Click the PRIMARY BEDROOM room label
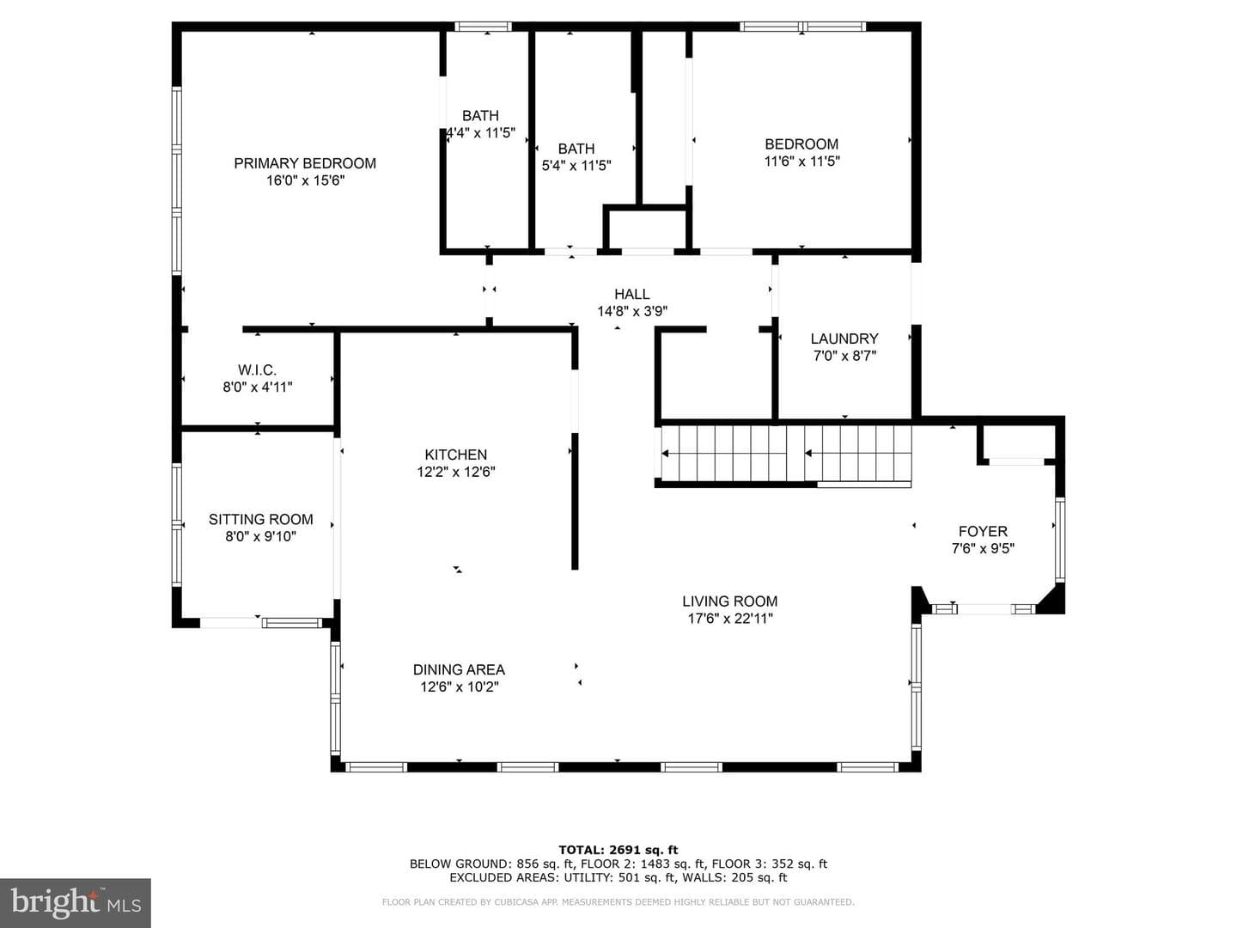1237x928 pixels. (305, 163)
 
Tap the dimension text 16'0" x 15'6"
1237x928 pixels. (305, 180)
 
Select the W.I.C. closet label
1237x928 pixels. (257, 370)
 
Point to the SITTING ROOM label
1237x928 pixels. (260, 520)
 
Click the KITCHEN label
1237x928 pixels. (456, 455)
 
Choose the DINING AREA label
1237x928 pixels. (459, 670)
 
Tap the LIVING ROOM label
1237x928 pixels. (730, 601)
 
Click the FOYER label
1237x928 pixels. (983, 531)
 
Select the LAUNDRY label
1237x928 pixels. (844, 339)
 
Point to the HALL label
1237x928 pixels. (631, 294)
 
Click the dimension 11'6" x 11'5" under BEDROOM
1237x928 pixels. (802, 162)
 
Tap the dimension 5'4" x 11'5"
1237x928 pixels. (576, 166)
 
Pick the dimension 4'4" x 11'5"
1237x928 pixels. (480, 133)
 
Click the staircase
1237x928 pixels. (786, 453)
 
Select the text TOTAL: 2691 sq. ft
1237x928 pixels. (618, 850)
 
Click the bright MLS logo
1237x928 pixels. (76, 902)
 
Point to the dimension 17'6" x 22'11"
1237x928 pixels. (730, 619)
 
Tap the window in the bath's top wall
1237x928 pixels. (483, 27)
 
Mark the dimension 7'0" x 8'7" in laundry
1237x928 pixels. (844, 356)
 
